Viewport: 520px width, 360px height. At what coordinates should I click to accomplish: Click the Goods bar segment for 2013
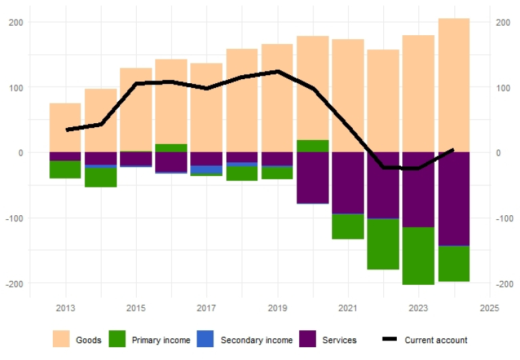[x=65, y=128]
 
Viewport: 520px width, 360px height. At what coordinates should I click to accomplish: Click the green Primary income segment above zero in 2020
[x=313, y=146]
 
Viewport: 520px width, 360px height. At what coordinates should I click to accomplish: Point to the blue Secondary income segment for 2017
[x=207, y=169]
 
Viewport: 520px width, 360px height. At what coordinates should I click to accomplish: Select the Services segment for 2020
[x=313, y=177]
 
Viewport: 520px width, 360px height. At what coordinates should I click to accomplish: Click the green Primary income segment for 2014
[x=101, y=177]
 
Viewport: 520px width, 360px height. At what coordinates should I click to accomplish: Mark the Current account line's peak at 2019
[x=277, y=71]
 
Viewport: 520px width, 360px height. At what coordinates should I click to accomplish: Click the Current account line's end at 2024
[x=453, y=150]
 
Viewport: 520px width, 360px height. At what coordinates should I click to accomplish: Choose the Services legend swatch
[x=308, y=340]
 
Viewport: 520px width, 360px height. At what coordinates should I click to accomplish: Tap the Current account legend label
[x=436, y=340]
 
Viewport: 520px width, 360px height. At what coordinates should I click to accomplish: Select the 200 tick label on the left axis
[x=16, y=22]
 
